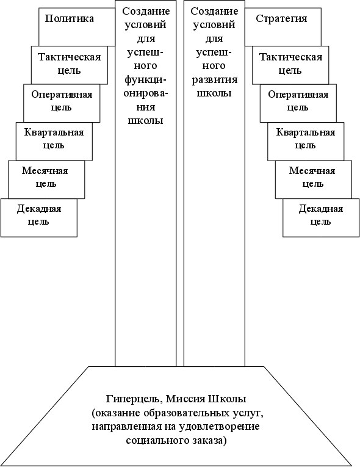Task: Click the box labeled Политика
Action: [x=77, y=27]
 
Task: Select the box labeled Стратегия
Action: [x=283, y=27]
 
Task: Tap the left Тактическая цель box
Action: [x=70, y=65]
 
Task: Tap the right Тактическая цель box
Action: [x=290, y=65]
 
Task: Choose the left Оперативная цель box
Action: [x=62, y=103]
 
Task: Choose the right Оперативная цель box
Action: [x=298, y=103]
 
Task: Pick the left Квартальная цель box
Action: [x=54, y=141]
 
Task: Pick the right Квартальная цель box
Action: [x=306, y=141]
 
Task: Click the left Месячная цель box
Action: [x=46, y=179]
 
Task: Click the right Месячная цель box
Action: [x=314, y=179]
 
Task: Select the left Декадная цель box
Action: [x=39, y=218]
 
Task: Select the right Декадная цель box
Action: [x=321, y=218]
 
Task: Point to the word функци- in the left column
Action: [x=146, y=80]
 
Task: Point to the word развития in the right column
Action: [x=214, y=80]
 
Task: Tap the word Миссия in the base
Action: [x=185, y=399]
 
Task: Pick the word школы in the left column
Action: [x=146, y=121]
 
